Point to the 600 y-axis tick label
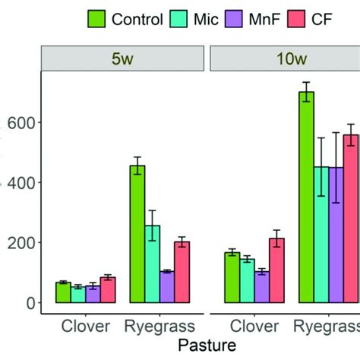[21, 123]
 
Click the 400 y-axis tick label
[21, 183]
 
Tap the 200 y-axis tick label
[21, 243]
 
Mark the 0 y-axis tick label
[30, 303]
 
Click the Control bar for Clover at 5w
[64, 292]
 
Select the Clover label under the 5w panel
[85, 327]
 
